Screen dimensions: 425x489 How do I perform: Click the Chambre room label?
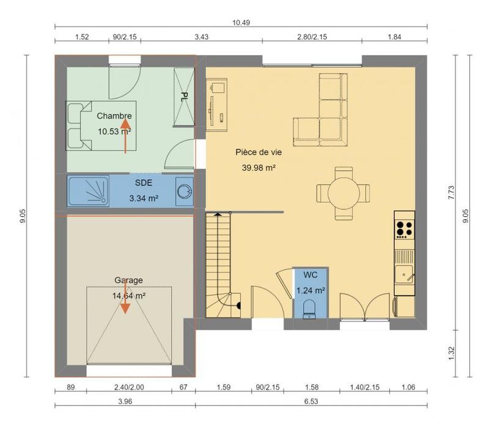(x=114, y=116)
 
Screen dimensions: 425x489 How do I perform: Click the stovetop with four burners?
(x=404, y=228)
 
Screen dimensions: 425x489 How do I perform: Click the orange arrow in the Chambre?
(x=126, y=136)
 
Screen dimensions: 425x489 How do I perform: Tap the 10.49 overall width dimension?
(x=241, y=23)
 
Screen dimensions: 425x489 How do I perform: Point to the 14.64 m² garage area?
(x=128, y=295)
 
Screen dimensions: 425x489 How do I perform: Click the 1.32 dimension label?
(x=451, y=353)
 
